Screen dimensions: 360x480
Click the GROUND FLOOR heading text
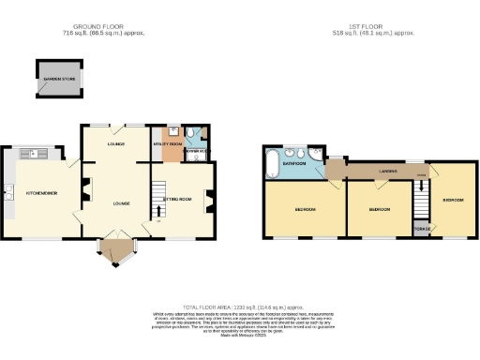tap(111, 28)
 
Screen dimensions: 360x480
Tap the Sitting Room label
tap(178, 199)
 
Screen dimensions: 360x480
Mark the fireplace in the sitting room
tap(212, 198)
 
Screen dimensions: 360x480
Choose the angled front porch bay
tap(118, 250)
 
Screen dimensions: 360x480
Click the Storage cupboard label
tap(423, 229)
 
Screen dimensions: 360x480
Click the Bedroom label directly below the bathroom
tap(306, 208)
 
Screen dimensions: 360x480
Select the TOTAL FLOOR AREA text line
tap(242, 307)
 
